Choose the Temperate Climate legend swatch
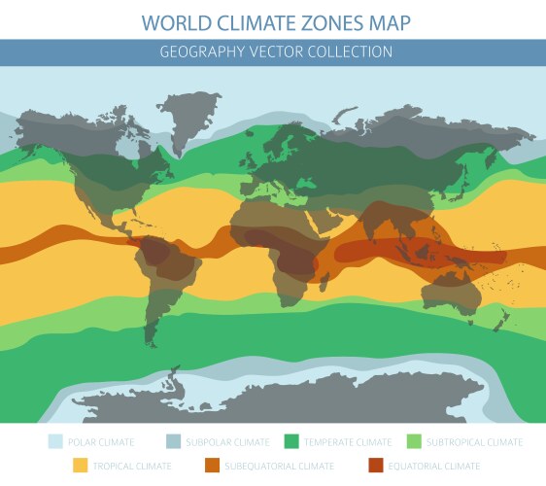coord(291,442)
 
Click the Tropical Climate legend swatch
coord(80,467)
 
